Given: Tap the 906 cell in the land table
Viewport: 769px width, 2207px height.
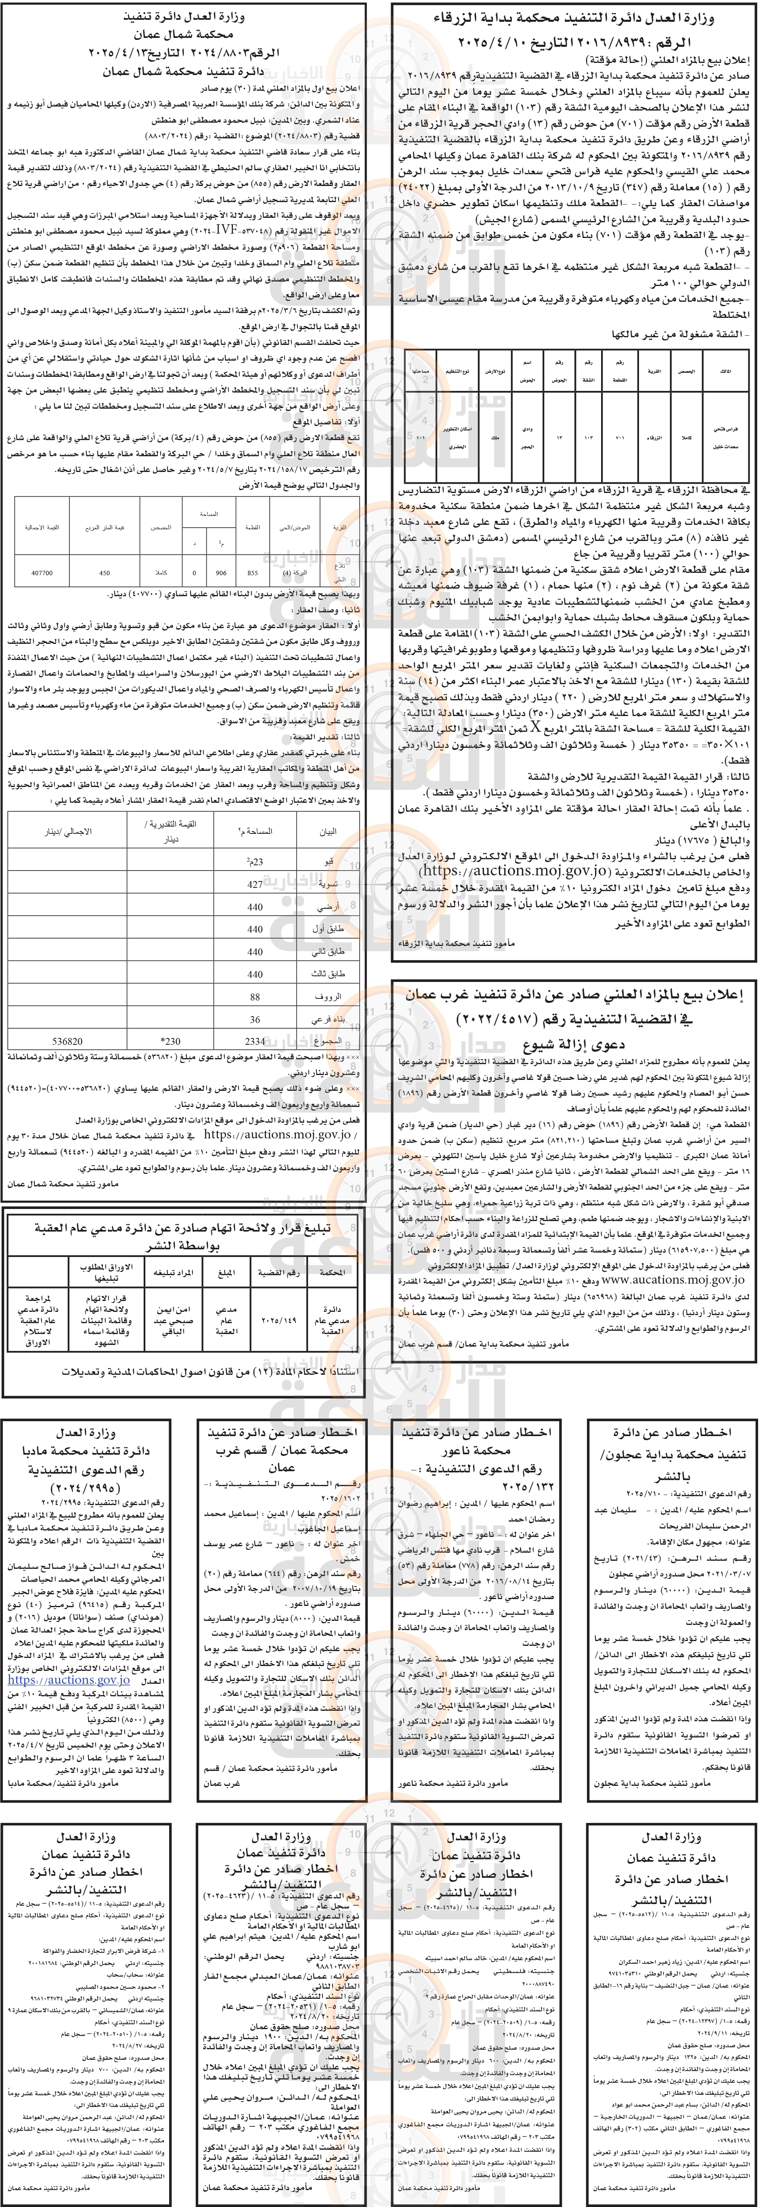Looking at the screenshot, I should tap(221, 572).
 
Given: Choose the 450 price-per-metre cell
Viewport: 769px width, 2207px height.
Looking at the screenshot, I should tap(104, 572).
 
